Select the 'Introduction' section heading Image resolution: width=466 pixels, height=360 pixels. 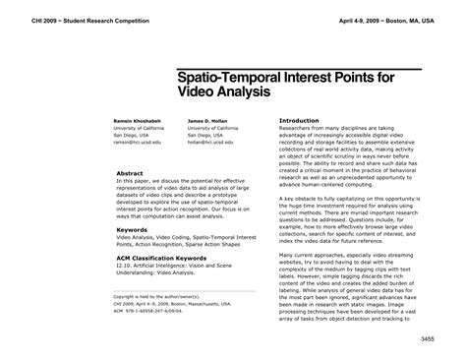tap(302, 120)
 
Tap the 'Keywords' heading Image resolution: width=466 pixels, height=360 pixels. tap(132, 229)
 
